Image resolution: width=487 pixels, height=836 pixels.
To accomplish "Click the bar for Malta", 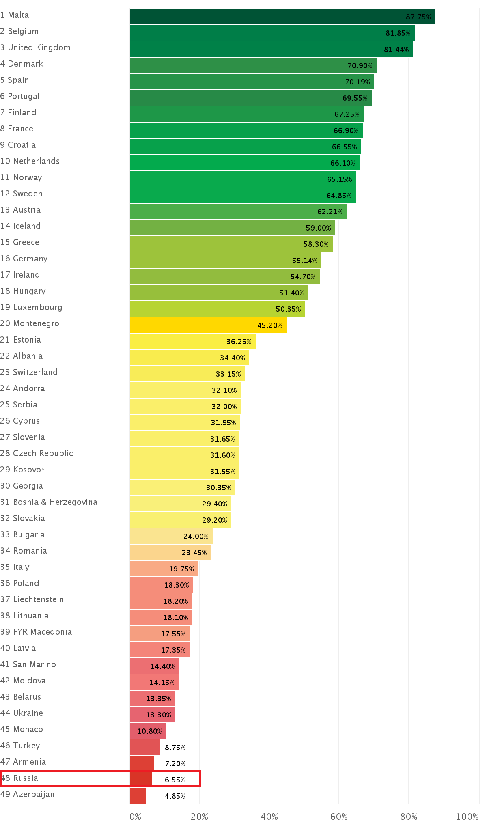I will coord(282,17).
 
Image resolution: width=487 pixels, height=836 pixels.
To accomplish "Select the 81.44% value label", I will coord(396,50).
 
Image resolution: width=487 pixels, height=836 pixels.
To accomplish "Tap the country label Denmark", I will coord(22,64).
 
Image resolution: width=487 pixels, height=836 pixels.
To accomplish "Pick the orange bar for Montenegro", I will coord(208,325).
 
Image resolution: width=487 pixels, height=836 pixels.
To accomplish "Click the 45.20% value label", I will coord(269,325).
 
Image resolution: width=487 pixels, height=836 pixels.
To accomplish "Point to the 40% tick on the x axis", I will coord(269,817).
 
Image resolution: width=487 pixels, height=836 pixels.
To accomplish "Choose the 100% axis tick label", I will coord(467,817).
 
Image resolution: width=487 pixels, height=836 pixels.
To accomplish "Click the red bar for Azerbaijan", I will coord(138,796).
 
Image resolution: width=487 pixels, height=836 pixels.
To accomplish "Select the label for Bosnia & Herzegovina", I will coord(49,502).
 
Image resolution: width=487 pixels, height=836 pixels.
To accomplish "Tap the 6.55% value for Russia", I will coord(175,780).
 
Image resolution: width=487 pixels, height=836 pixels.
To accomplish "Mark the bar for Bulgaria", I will coord(171,536).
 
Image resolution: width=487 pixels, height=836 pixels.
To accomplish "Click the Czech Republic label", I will coord(37,453).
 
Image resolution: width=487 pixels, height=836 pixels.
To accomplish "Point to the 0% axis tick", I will coord(135,817).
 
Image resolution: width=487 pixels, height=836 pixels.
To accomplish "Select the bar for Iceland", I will coord(232,228).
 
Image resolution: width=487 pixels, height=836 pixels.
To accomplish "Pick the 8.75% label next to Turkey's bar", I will coord(175,747).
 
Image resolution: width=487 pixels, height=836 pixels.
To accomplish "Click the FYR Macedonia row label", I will coord(36,632).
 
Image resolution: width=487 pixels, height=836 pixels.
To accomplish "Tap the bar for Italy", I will coord(164,569).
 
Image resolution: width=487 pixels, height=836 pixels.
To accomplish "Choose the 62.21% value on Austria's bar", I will coord(330,212).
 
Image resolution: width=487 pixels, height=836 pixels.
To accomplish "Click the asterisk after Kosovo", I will coord(43,469).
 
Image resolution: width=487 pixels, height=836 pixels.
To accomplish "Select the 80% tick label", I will coord(409,817).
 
